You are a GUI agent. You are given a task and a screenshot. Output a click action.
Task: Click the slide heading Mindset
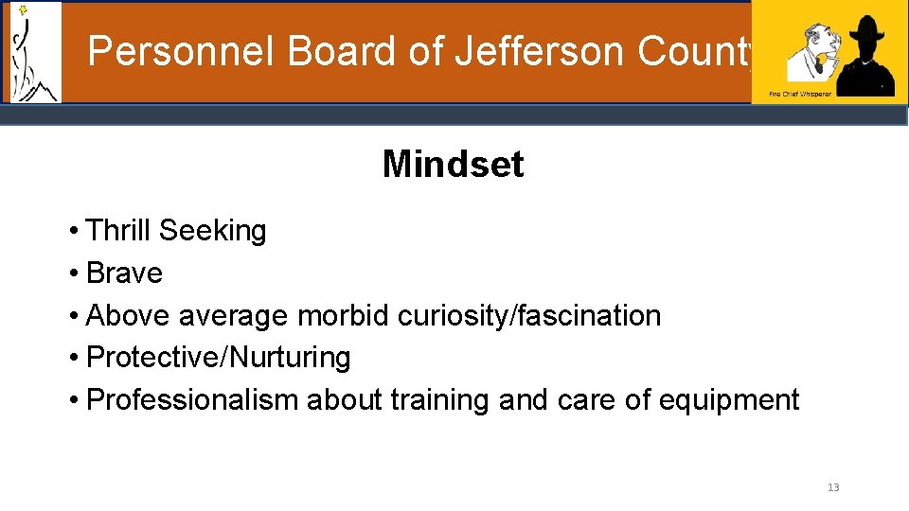(453, 165)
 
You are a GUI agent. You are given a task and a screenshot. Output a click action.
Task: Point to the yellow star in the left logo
(23, 10)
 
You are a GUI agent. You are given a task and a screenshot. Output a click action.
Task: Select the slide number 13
(833, 487)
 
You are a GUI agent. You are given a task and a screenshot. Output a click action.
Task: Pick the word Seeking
(213, 230)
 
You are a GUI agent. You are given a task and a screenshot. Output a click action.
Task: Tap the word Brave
(124, 273)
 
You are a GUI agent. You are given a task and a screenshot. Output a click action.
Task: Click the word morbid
(343, 315)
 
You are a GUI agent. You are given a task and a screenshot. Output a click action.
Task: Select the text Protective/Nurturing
(218, 358)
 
